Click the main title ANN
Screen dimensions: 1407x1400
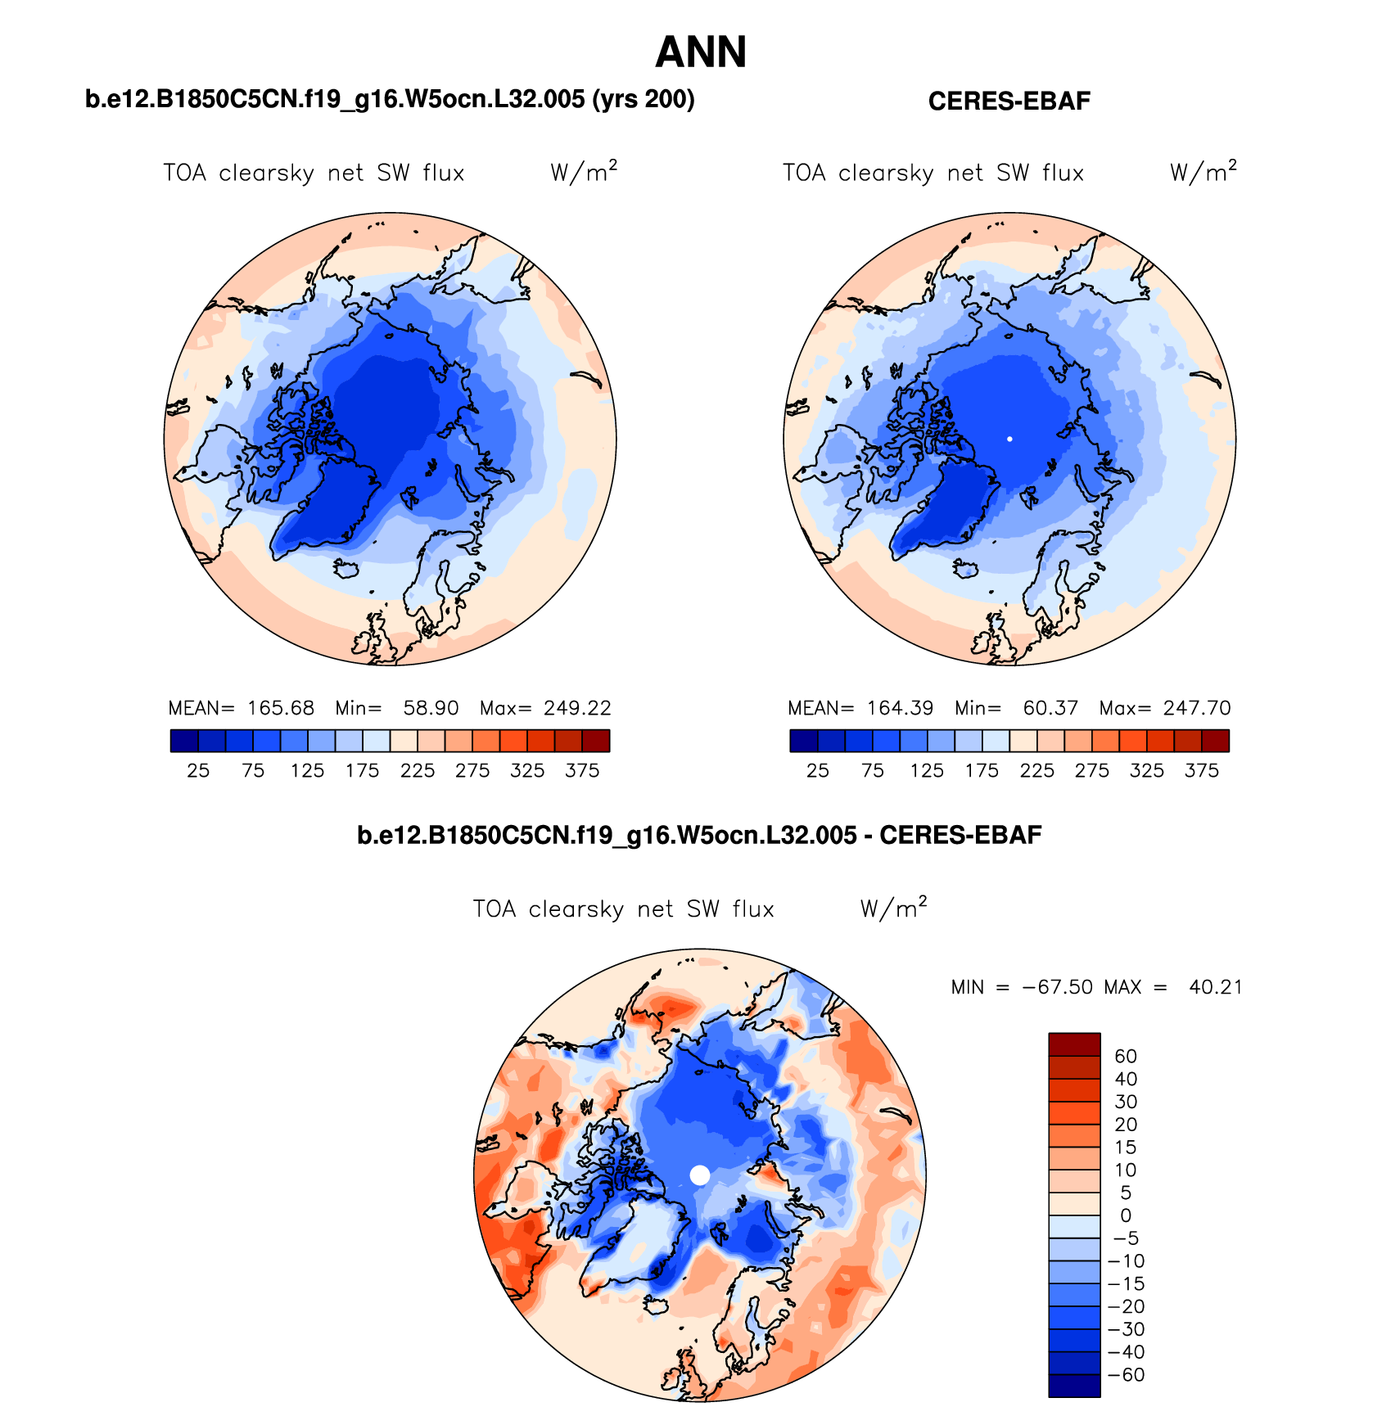coord(701,52)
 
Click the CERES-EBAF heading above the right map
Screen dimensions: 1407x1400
coord(1009,101)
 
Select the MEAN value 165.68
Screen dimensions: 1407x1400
coord(281,708)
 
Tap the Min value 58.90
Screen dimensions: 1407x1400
coord(431,708)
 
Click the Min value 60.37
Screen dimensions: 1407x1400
coord(1050,708)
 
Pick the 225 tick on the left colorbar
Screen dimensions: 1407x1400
coord(418,771)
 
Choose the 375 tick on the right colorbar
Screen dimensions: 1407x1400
coord(1202,771)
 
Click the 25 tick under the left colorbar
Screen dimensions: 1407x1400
coord(198,771)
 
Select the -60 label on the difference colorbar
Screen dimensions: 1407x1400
coord(1127,1375)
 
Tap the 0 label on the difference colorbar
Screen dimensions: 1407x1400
coord(1126,1216)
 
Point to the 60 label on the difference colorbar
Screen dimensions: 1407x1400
coord(1126,1057)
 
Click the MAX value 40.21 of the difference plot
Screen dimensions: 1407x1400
coord(1216,987)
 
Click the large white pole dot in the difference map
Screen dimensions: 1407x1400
coord(700,1175)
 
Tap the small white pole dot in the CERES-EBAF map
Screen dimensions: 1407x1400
coord(1009,440)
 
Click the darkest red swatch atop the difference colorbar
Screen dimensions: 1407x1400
coord(1074,1044)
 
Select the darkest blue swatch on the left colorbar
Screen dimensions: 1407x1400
coord(184,741)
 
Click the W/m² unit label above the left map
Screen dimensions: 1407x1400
coord(584,172)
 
